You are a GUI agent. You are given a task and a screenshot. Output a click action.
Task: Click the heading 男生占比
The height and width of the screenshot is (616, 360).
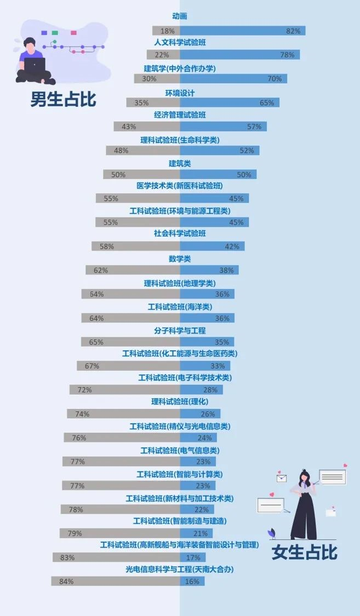point(63,99)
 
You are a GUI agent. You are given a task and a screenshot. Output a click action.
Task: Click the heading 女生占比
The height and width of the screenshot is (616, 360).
point(305,552)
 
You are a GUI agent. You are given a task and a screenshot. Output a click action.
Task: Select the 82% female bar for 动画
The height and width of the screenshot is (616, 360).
point(242,31)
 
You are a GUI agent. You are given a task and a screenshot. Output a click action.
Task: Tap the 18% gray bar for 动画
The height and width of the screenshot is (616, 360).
point(166,31)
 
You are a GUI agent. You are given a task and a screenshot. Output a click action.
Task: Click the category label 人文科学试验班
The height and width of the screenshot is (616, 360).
point(180,43)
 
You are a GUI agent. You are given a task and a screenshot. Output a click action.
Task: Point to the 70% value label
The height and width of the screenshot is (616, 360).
point(275,79)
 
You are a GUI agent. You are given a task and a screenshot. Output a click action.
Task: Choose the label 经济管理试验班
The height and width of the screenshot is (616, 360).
point(180,115)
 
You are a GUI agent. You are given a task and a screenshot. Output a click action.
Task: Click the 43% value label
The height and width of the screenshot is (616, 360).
point(129,126)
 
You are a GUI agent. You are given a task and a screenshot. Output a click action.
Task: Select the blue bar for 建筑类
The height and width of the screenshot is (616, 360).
point(218,174)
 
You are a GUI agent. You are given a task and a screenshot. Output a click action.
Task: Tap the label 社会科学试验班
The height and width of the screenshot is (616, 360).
point(180,234)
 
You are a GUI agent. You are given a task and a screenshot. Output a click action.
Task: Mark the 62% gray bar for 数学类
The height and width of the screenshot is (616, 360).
point(133,270)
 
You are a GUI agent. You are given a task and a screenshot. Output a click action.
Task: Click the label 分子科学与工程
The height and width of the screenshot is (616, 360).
point(180,331)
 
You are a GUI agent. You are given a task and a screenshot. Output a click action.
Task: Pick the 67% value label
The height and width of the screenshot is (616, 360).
point(92,366)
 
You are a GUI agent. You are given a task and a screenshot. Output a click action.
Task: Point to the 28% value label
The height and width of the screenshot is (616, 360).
point(210,390)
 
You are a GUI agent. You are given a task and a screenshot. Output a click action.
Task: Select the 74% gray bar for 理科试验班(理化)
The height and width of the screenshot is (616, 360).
point(123,413)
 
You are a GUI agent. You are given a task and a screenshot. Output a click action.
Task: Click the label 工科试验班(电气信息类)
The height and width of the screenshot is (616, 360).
point(180,451)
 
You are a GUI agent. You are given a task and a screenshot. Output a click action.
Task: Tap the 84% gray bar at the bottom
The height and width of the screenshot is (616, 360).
point(116,581)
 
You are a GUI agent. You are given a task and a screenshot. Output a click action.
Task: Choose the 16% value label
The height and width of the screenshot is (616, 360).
point(192,582)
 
